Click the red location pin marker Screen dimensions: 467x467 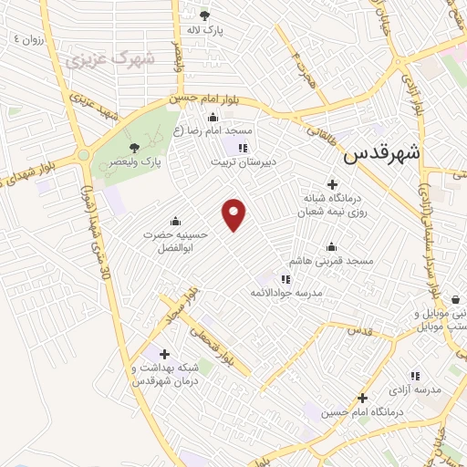point(234,213)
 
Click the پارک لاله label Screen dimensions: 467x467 point(205,29)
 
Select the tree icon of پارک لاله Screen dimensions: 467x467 point(204,15)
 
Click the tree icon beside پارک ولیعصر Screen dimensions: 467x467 point(135,148)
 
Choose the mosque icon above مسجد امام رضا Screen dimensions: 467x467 point(213,116)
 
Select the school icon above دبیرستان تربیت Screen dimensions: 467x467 point(243,148)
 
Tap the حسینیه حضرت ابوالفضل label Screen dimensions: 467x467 point(175,240)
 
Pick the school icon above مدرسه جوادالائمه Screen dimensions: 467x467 point(285,279)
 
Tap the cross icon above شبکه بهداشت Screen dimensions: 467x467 point(164,354)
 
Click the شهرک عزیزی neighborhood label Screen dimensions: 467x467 point(109,60)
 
